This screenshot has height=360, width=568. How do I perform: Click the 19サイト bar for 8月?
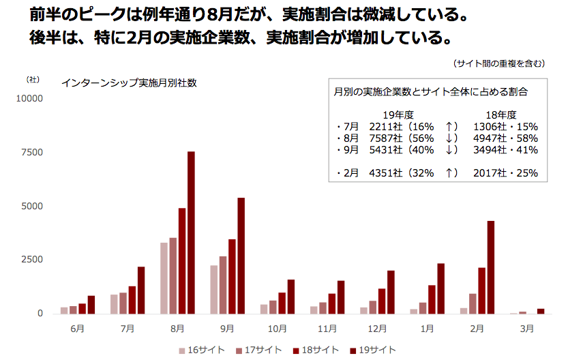(191, 232)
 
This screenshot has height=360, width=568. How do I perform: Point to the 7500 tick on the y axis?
(31, 152)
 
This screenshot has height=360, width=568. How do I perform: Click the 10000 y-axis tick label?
(29, 98)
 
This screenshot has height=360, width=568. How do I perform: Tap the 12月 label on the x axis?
(377, 328)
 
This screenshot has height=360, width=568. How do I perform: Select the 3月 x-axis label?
(527, 328)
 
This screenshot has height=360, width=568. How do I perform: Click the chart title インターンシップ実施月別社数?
(129, 83)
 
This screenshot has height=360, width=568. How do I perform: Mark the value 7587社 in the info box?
(385, 138)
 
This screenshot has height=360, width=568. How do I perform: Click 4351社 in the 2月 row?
(385, 173)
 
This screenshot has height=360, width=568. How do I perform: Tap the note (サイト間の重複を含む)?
(498, 63)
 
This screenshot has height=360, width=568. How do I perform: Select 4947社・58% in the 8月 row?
(505, 138)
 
